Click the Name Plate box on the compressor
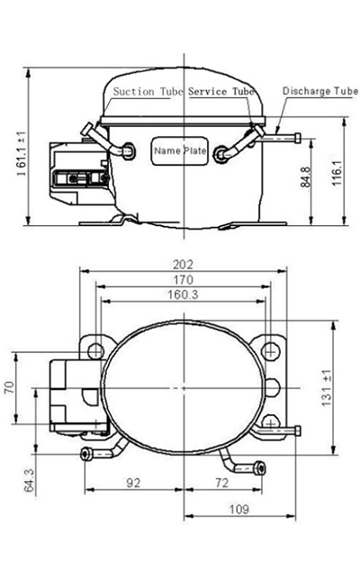point(180,150)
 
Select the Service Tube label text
point(221,91)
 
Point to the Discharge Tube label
point(320,91)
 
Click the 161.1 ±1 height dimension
point(22,153)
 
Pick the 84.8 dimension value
point(305,177)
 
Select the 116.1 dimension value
point(337,173)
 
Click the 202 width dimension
point(183,264)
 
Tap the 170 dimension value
point(183,280)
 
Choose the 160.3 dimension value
point(183,295)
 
